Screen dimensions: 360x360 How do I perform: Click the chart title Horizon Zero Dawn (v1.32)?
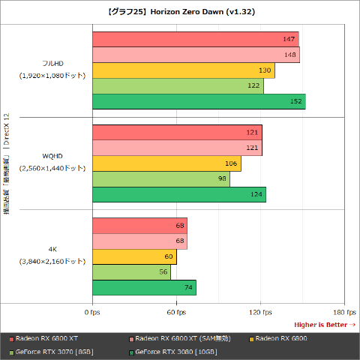(x=180, y=12)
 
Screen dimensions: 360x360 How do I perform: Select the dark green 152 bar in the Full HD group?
(x=199, y=102)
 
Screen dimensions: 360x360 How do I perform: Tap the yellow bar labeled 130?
(x=183, y=70)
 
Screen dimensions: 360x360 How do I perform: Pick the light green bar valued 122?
(x=178, y=86)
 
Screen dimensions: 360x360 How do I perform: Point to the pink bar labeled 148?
(x=196, y=55)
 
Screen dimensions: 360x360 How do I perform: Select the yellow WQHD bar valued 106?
(x=166, y=163)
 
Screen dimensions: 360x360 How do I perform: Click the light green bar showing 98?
(x=160, y=179)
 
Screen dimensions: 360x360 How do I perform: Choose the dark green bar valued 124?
(x=178, y=195)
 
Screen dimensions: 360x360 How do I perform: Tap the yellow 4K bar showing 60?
(x=134, y=256)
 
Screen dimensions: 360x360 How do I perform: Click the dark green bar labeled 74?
(x=144, y=288)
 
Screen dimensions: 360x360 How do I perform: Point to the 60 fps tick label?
(x=176, y=312)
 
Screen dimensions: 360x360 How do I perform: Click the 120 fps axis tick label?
(x=260, y=312)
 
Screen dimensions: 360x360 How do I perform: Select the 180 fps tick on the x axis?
(x=344, y=312)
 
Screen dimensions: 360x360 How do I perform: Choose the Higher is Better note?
(x=325, y=324)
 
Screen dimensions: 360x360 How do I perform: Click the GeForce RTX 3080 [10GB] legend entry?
(x=176, y=352)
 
